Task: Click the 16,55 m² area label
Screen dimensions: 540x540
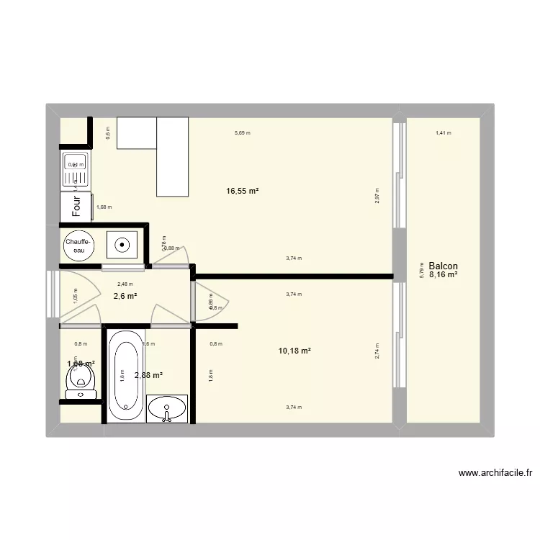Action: tap(242, 192)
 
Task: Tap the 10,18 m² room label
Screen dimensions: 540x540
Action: tap(294, 351)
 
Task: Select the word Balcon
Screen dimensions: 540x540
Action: tap(443, 266)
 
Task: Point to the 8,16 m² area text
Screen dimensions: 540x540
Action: tap(444, 274)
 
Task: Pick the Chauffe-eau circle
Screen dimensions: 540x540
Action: tap(78, 246)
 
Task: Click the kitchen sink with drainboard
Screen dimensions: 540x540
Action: tap(76, 170)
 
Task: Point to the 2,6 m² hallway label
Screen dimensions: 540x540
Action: tap(125, 296)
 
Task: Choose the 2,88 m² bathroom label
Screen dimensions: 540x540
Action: tap(148, 375)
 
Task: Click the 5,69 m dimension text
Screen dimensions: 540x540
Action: tap(243, 133)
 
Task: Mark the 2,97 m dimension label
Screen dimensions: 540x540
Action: tap(377, 196)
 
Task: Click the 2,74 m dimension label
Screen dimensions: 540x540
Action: tap(377, 351)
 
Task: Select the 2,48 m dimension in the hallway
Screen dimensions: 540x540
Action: tap(125, 284)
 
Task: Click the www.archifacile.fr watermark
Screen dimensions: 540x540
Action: tap(495, 473)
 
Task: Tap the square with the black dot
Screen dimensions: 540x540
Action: tap(123, 245)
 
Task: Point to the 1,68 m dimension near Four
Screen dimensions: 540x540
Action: tap(104, 207)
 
